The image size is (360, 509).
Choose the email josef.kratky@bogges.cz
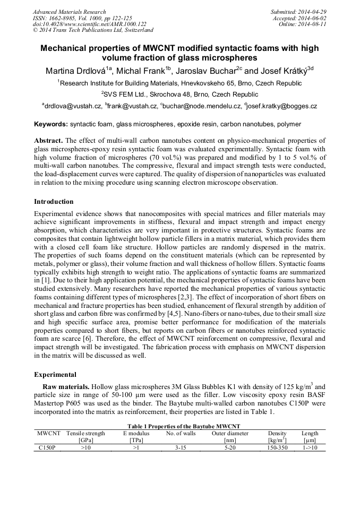[282, 106]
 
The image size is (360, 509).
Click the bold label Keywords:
[51, 124]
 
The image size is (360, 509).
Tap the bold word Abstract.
[48, 141]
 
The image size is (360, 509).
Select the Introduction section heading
[54, 202]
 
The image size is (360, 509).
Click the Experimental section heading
[55, 375]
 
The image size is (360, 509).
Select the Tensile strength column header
[86, 434]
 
